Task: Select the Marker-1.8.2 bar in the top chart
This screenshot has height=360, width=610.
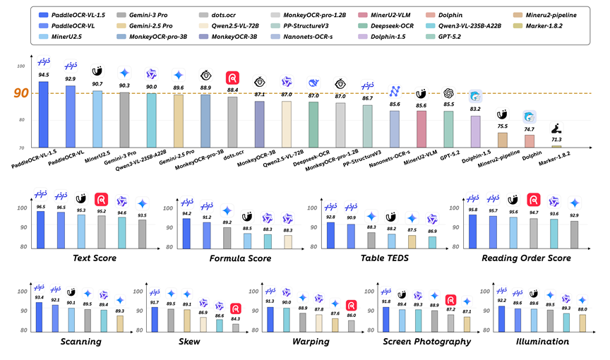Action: [x=556, y=146]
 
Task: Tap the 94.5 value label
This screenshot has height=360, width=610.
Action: [x=44, y=74]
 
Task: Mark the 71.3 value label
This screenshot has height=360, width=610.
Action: [x=556, y=140]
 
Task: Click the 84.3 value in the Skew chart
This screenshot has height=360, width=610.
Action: [x=236, y=318]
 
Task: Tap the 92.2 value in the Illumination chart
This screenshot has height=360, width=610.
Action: [x=501, y=300]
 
